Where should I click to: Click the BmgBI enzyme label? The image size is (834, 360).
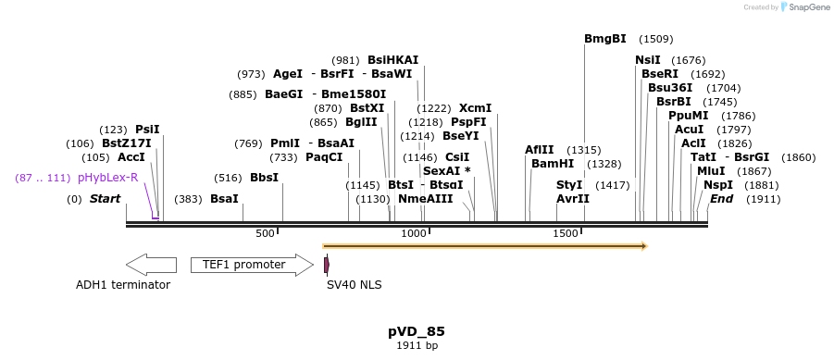coord(605,39)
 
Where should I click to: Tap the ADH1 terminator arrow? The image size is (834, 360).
coord(151,265)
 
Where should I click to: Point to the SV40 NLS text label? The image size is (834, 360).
coord(354,285)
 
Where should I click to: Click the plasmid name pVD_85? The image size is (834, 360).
coord(417,330)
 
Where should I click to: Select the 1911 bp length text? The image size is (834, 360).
coord(417,345)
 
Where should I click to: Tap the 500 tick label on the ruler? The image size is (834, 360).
coord(265,234)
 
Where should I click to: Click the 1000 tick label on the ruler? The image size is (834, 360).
coord(413,234)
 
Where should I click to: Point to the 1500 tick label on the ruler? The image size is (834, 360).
coord(566,234)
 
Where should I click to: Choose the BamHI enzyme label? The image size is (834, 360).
coord(553,164)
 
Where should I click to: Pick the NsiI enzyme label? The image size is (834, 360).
coord(648,60)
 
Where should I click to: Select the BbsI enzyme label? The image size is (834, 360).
coord(264,178)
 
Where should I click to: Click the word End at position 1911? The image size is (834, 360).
coord(721,199)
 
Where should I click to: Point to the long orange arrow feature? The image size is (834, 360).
coord(484,246)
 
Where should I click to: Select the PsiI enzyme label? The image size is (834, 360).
coord(147,130)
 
